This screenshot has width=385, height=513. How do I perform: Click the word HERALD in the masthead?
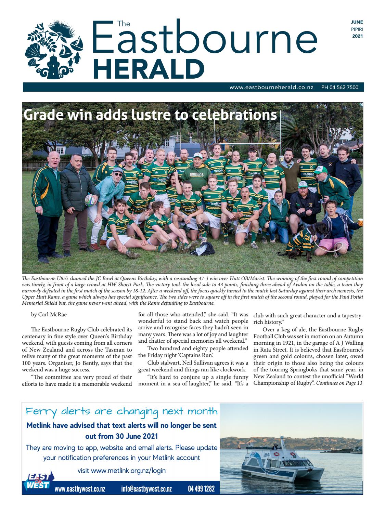click(x=149, y=69)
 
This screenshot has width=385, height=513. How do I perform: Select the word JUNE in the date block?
click(x=357, y=22)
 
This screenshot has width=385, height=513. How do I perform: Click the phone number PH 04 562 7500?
click(x=339, y=88)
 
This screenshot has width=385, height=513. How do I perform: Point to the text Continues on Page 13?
click(x=339, y=383)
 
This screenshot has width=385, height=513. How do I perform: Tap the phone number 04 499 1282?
click(x=201, y=489)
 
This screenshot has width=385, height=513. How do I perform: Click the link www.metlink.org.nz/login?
click(x=121, y=470)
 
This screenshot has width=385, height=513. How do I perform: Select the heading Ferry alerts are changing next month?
click(x=121, y=411)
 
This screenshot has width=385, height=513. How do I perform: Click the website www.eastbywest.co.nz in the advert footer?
click(x=80, y=489)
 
